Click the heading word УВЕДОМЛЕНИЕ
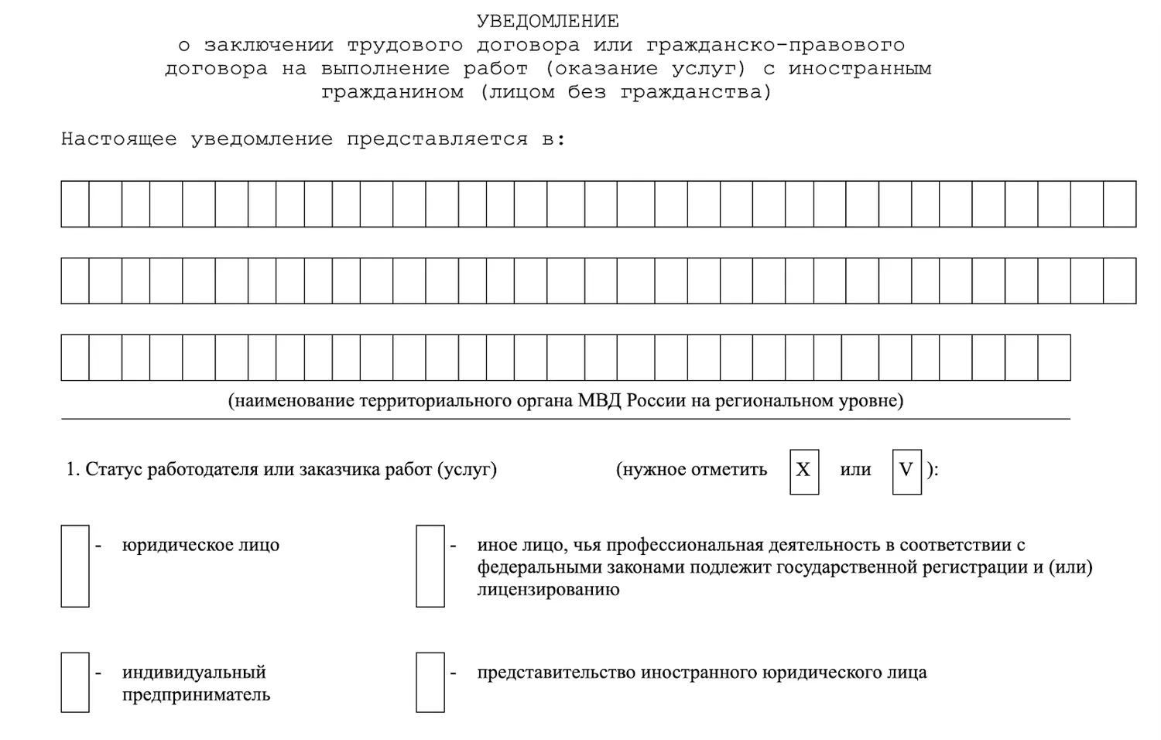pos(547,21)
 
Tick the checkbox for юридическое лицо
pos(75,566)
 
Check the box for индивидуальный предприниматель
pos(75,682)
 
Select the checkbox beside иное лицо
pos(430,566)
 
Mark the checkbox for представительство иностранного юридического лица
pos(430,682)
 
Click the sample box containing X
pos(804,471)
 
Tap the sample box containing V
pos(906,471)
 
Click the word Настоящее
pos(118,139)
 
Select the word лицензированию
pos(548,589)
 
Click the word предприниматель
pos(196,694)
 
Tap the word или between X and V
pos(855,470)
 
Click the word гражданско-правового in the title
pos(775,45)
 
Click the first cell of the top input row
pos(75,204)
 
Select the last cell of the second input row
pos(1119,280)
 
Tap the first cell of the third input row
pos(75,358)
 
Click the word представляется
pos(437,139)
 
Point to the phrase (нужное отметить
pos(691,470)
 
